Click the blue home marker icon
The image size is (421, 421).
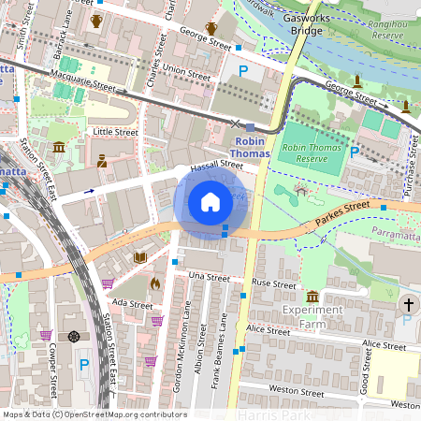pyautogui.click(x=210, y=201)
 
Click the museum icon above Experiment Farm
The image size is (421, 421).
pyautogui.click(x=312, y=297)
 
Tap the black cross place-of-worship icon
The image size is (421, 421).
pyautogui.click(x=408, y=304)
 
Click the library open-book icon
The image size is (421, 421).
pyautogui.click(x=140, y=257)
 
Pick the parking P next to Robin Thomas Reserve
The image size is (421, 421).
pyautogui.click(x=355, y=151)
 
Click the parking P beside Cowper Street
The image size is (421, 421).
pyautogui.click(x=85, y=364)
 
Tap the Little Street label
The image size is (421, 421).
pyautogui.click(x=116, y=133)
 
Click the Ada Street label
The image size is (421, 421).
pyautogui.click(x=131, y=303)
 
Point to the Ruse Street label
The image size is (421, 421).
pyautogui.click(x=274, y=283)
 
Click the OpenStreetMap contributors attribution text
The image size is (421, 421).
pyautogui.click(x=94, y=414)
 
